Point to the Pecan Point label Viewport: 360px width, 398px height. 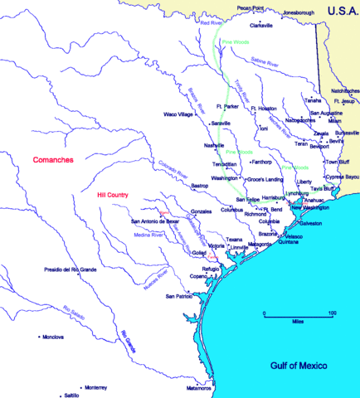(x=250, y=7)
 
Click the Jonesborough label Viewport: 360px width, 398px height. (x=299, y=13)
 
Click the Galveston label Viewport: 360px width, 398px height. (x=309, y=224)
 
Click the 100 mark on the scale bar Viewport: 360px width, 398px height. (x=331, y=313)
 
